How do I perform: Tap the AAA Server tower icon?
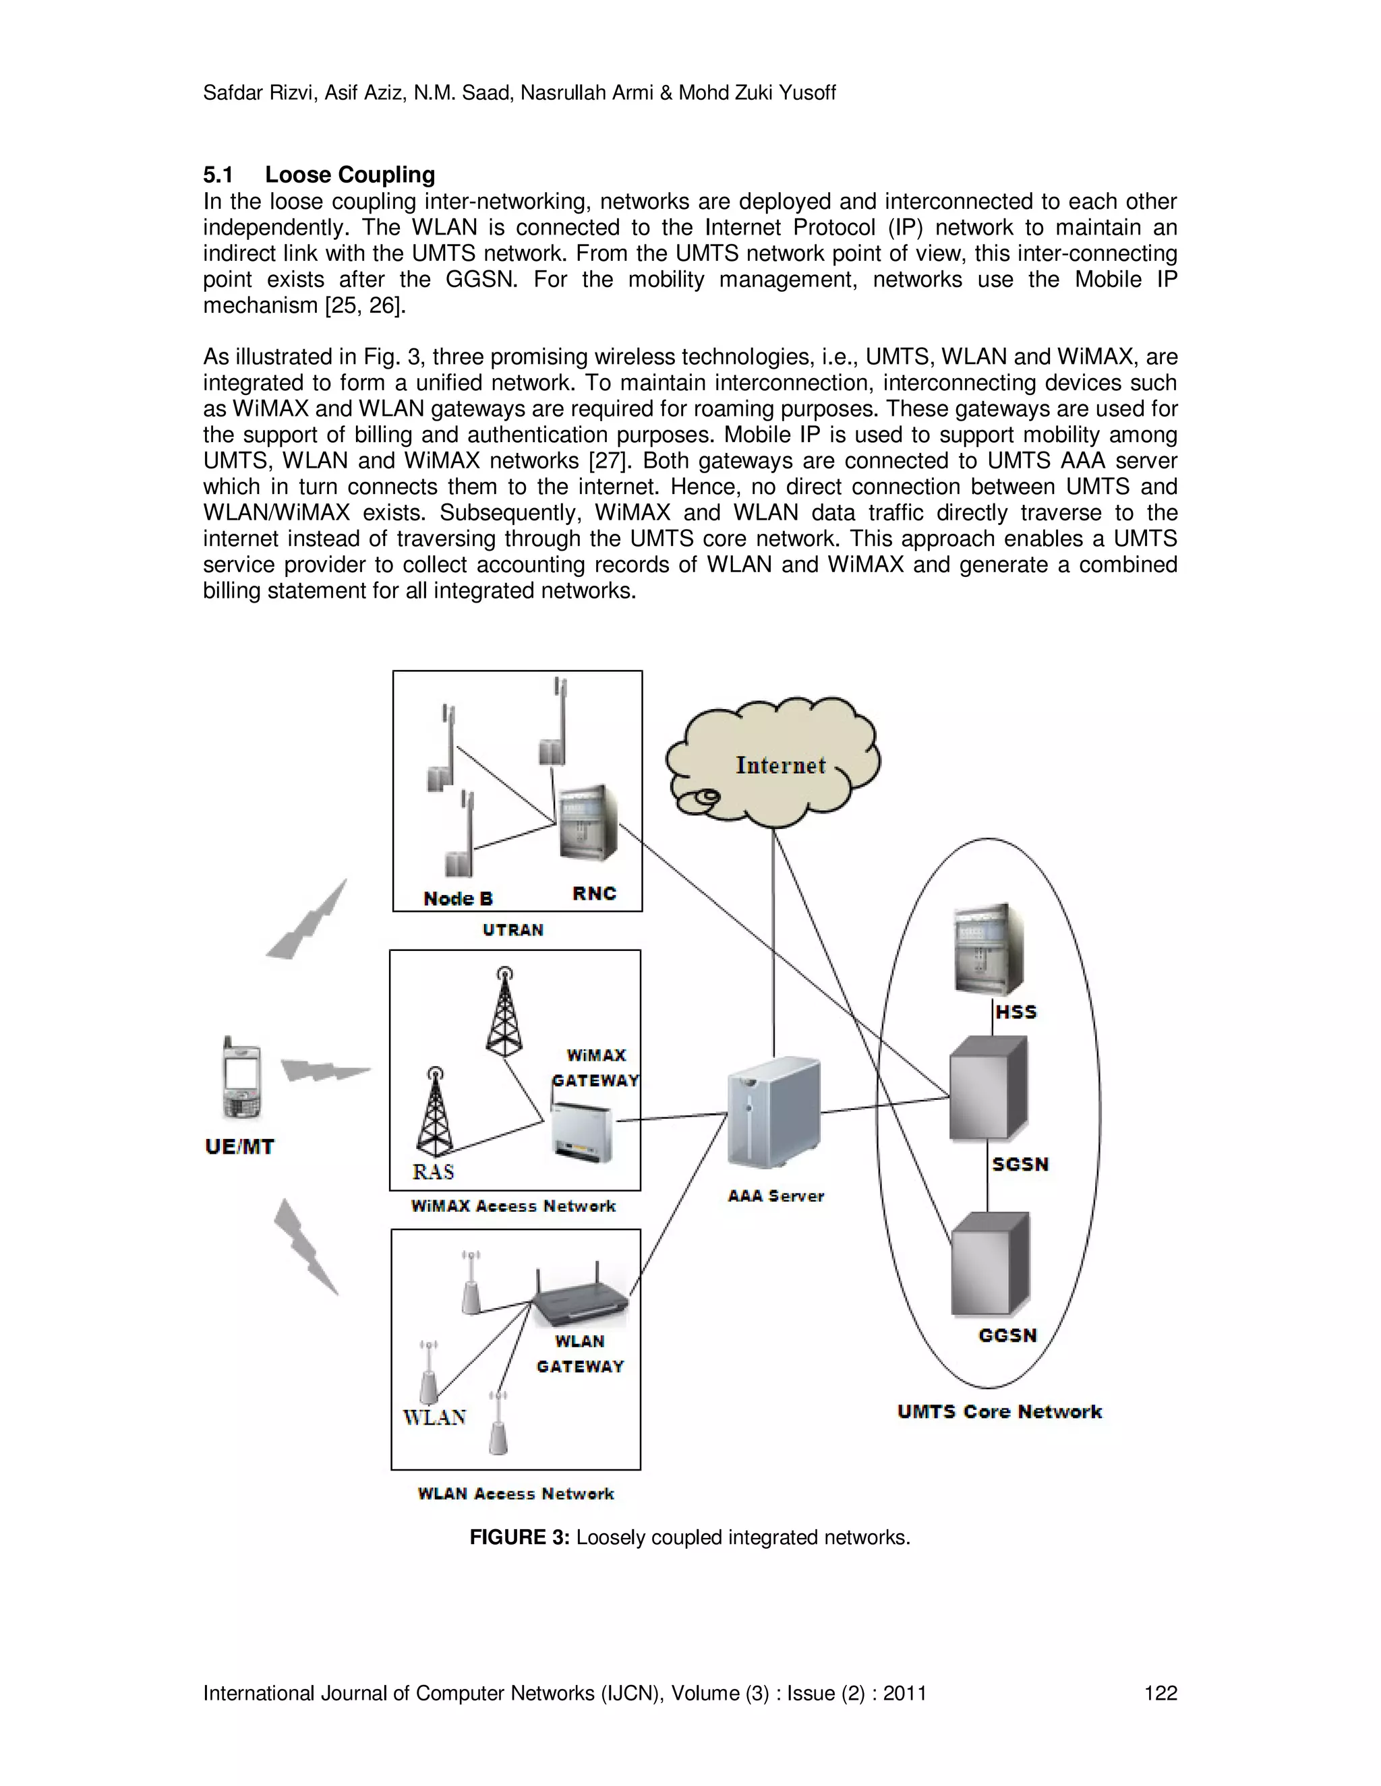[773, 1112]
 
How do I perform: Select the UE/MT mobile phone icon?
[241, 1078]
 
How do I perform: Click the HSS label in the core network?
[1016, 1012]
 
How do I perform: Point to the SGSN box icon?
[987, 1088]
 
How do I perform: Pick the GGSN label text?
[1007, 1335]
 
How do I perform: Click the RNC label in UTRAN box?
[594, 893]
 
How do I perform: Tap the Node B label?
[458, 898]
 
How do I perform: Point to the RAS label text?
[433, 1172]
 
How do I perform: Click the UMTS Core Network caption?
[999, 1411]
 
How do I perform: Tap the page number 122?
[1160, 1693]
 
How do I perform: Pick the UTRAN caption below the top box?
[513, 930]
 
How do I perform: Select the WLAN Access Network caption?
[515, 1494]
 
